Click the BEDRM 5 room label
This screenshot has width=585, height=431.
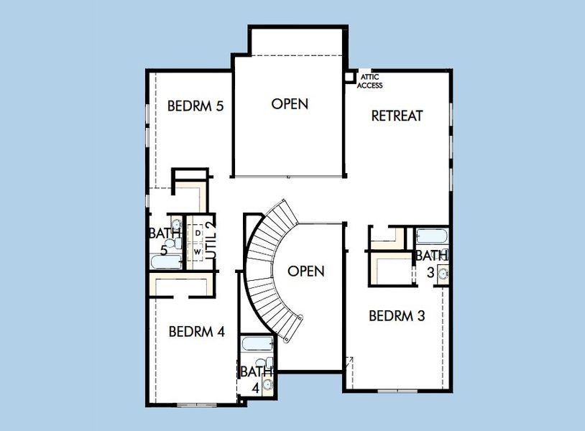[195, 106]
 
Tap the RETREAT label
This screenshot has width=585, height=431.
[396, 116]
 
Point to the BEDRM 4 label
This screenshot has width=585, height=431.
[196, 332]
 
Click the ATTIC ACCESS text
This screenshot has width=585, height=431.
[370, 81]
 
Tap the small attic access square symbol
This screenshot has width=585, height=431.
[350, 76]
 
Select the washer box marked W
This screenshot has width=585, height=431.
[197, 252]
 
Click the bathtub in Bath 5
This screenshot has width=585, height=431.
[166, 261]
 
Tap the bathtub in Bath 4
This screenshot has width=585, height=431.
[254, 343]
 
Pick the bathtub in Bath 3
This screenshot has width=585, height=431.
[432, 236]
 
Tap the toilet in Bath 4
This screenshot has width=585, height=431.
[269, 363]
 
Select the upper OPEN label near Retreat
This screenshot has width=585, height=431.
[290, 104]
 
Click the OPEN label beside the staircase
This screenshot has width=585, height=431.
[306, 272]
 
